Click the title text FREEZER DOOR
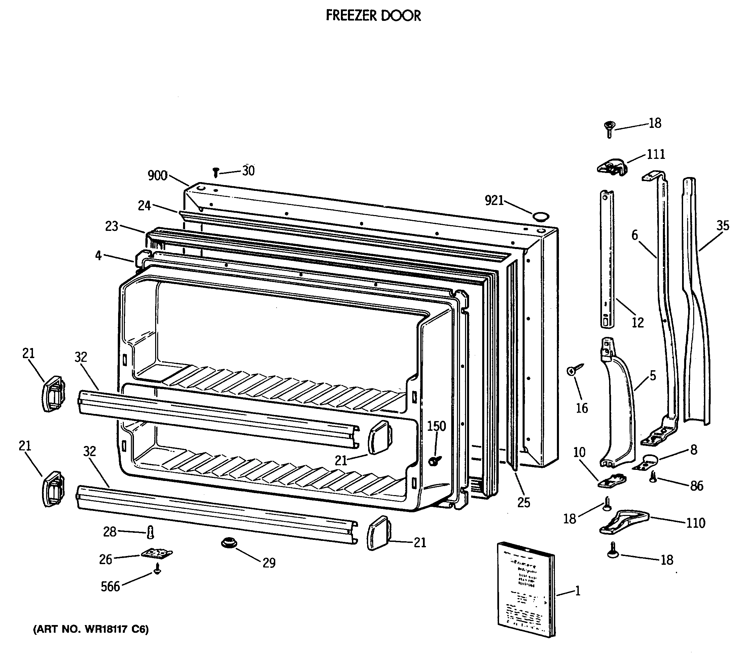[x=373, y=15]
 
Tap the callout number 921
[x=494, y=200]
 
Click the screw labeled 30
[x=216, y=172]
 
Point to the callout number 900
[x=157, y=176]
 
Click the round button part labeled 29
[x=229, y=544]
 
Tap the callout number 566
[x=110, y=586]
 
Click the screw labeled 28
[x=150, y=533]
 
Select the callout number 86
[x=697, y=486]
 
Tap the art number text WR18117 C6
[x=91, y=629]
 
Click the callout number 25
[x=524, y=503]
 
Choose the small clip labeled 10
[x=612, y=481]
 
